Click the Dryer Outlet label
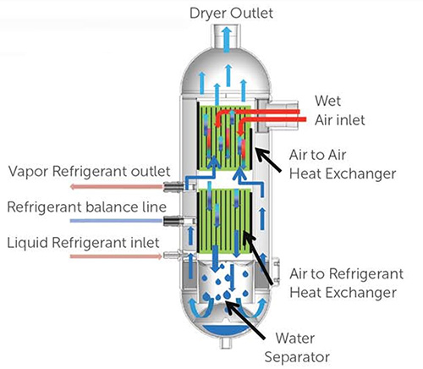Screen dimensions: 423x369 pos(231,14)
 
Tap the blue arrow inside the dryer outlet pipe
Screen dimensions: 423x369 pos(227,40)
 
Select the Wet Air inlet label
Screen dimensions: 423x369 pos(340,110)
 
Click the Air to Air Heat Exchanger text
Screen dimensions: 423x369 pos(343,164)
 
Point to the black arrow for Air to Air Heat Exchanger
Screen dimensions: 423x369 pos(268,160)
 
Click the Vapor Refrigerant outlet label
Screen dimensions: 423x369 pos(89,172)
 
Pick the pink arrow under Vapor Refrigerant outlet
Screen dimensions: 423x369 pos(117,186)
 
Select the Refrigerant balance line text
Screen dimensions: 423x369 pos(87,207)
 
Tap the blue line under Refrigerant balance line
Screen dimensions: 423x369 pos(117,221)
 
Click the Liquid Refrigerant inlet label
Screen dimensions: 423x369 pos(83,243)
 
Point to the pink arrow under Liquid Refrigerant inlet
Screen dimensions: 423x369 pos(116,256)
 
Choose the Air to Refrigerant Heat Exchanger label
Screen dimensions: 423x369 pos(347,283)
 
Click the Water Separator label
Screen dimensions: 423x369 pos(297,348)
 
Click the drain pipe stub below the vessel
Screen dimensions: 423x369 pos(226,344)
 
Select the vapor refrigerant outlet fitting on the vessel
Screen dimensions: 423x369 pos(173,186)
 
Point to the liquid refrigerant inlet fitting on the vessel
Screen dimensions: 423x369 pos(171,256)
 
